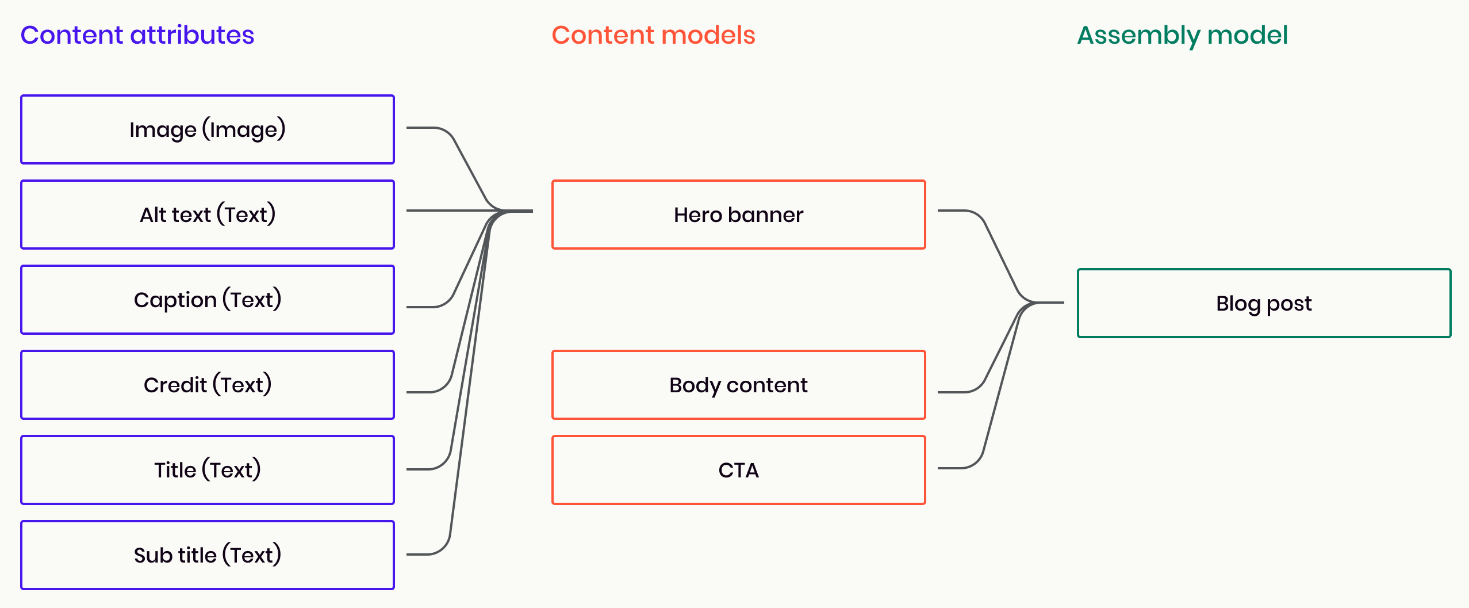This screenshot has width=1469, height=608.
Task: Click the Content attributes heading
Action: [137, 35]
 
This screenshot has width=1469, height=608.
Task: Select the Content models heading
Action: [653, 35]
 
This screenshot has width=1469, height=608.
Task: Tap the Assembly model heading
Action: [1182, 35]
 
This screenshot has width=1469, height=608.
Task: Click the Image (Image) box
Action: [208, 129]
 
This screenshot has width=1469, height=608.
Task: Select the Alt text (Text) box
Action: [208, 215]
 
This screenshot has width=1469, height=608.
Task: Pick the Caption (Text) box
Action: [208, 300]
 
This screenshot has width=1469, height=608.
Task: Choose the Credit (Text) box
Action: [208, 385]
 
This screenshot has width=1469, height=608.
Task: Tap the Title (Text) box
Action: [208, 470]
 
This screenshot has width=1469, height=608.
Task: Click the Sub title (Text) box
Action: [208, 555]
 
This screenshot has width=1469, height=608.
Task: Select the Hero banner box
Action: [738, 215]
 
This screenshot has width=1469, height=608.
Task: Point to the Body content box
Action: [738, 385]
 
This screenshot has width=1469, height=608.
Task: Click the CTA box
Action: [738, 470]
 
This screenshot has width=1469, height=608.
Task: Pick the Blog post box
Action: [1264, 303]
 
